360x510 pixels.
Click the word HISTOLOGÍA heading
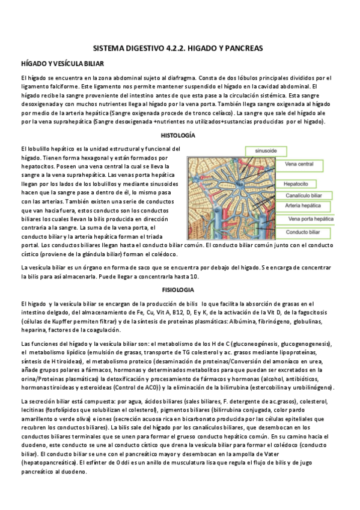(x=180, y=135)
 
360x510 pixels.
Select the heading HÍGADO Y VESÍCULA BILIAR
(x=63, y=63)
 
